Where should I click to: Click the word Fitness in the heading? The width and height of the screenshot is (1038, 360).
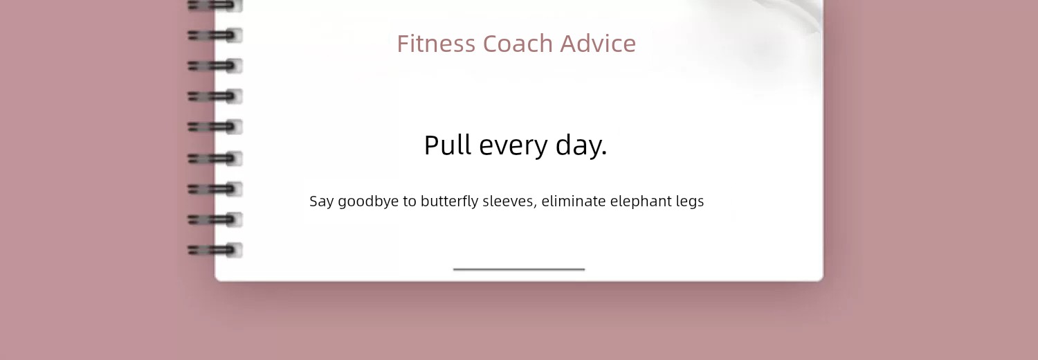click(437, 44)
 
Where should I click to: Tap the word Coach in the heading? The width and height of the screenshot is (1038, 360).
click(518, 44)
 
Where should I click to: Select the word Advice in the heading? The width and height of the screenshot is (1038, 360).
click(598, 44)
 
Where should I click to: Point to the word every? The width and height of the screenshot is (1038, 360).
click(513, 147)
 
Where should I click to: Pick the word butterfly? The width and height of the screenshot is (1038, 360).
click(450, 201)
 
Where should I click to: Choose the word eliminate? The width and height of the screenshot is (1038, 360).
click(574, 201)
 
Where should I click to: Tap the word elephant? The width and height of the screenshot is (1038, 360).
click(641, 201)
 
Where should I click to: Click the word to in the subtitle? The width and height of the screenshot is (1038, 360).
click(410, 201)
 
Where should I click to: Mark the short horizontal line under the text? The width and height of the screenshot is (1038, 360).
click(519, 269)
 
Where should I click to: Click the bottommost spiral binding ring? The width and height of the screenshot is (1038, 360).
click(215, 250)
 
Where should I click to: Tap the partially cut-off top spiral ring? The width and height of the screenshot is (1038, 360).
click(215, 6)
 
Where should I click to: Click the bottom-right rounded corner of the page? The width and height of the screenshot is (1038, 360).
click(820, 278)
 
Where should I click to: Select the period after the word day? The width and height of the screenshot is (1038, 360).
click(603, 154)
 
